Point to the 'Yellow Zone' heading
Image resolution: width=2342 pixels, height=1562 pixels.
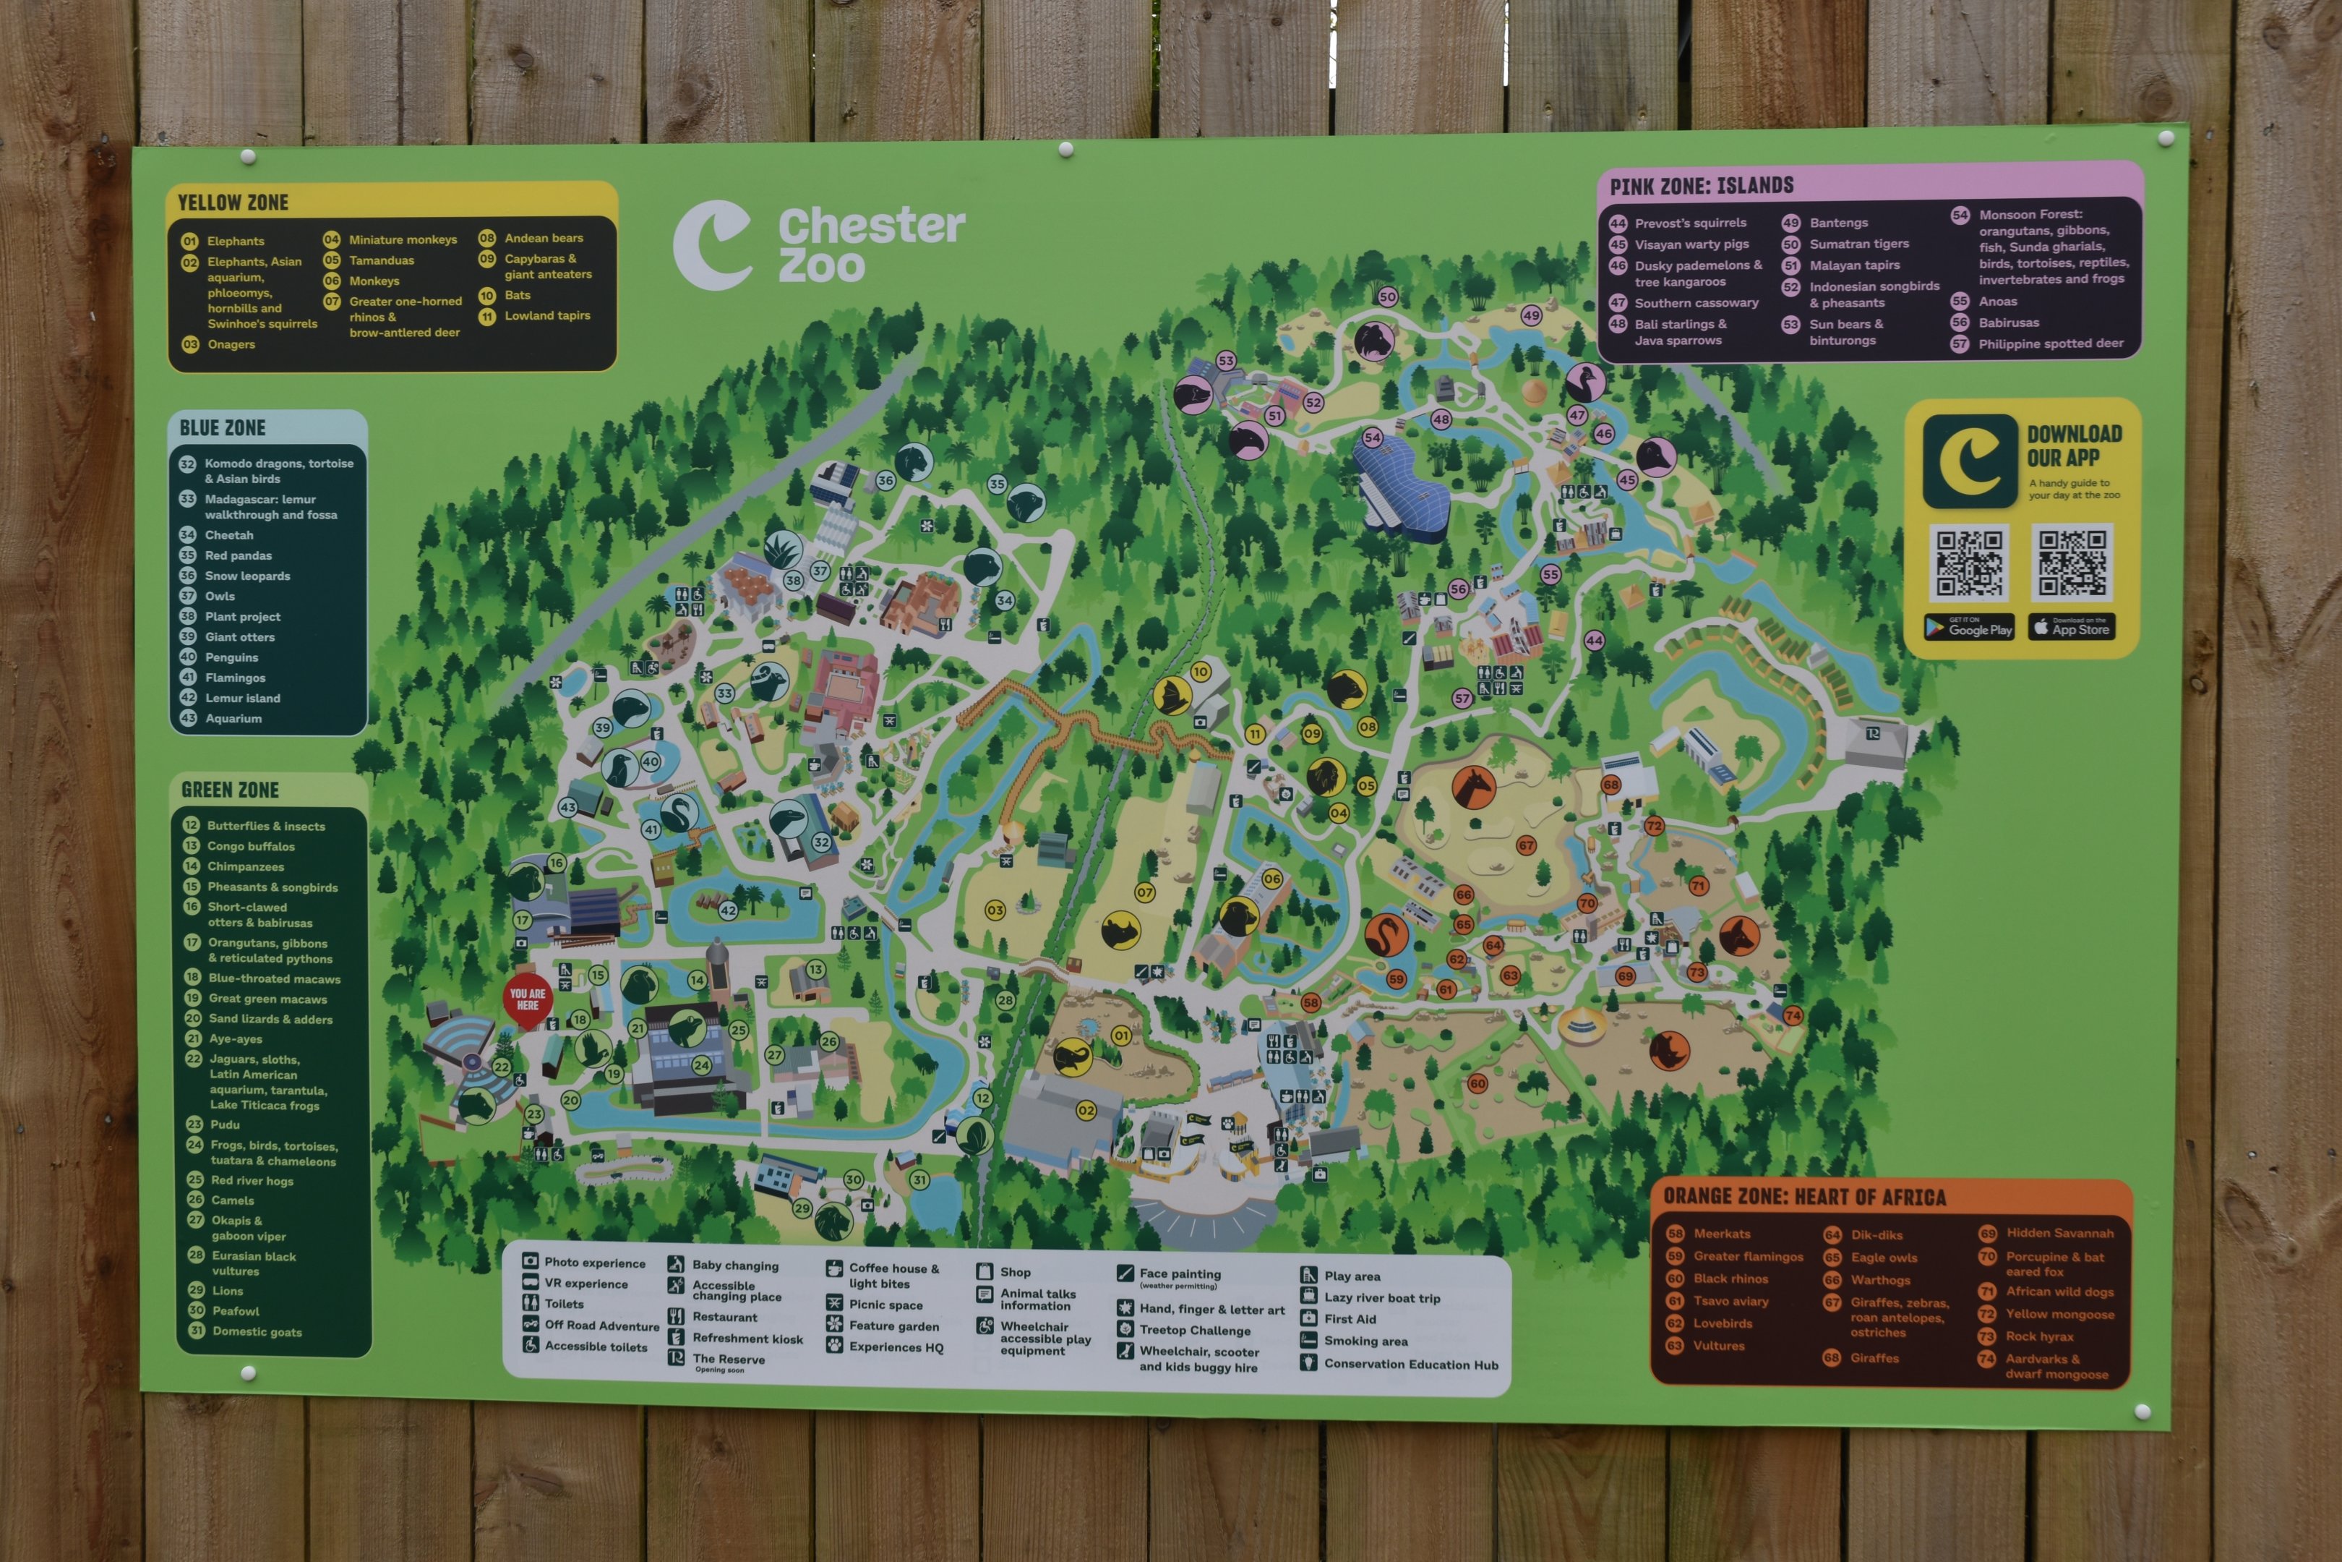coord(232,203)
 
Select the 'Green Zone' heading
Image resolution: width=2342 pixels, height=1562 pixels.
coord(230,790)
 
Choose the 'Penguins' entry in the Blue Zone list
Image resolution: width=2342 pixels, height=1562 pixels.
coord(231,657)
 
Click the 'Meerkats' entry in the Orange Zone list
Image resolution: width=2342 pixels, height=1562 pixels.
coord(1720,1233)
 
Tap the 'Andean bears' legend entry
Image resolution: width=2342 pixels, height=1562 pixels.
coord(544,238)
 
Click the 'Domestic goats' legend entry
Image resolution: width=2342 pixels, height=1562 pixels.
coord(257,1332)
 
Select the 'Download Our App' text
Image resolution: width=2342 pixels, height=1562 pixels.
coord(2074,445)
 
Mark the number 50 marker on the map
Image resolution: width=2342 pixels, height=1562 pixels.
coord(1387,297)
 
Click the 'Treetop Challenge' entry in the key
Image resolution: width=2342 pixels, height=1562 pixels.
coord(1194,1330)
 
